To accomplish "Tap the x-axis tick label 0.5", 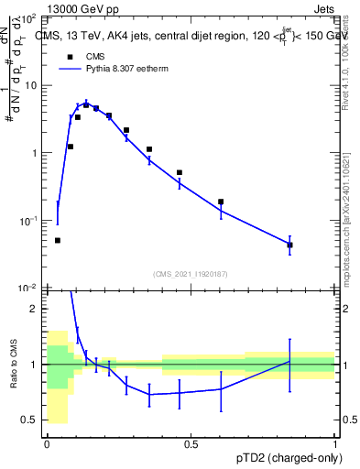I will (x=191, y=444).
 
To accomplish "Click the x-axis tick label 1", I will (x=334, y=444).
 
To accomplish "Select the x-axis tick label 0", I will (x=47, y=444).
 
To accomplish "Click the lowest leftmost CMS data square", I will (x=58, y=240).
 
